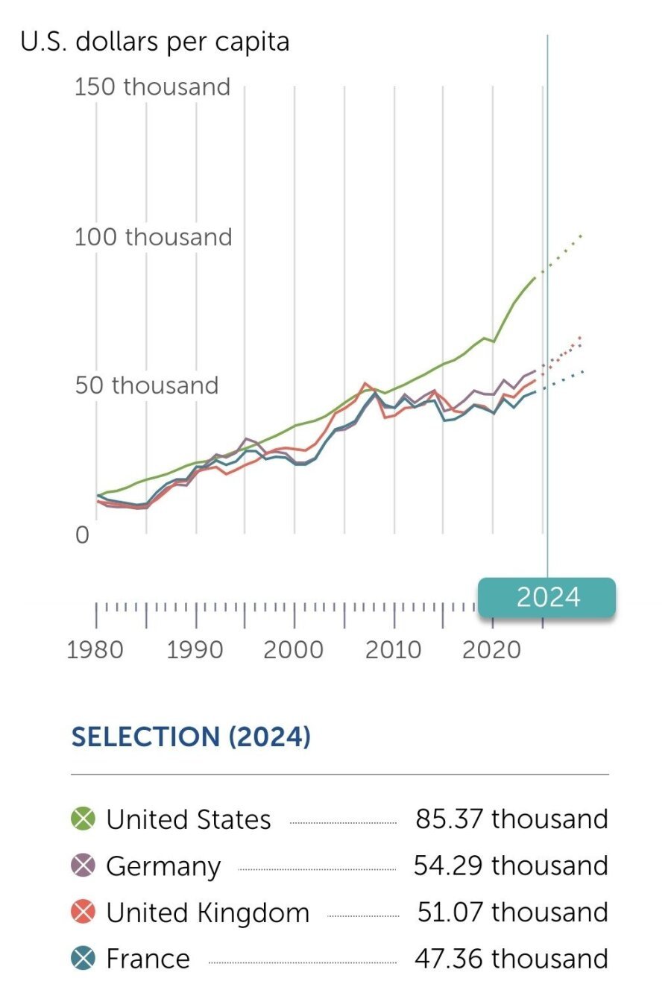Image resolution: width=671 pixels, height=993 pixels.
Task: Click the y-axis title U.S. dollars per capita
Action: pos(155,42)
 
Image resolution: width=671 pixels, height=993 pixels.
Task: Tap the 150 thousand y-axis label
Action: pos(152,86)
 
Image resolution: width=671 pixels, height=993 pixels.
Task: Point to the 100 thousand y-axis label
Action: pos(153,237)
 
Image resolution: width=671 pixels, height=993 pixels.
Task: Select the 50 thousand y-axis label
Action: pos(146,385)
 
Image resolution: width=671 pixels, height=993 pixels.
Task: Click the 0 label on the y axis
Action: pos(82,535)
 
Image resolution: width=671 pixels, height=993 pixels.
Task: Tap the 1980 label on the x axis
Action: pos(95,649)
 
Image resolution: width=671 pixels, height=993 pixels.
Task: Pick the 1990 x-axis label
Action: pos(195,649)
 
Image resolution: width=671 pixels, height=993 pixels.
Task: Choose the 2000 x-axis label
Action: pos(293,649)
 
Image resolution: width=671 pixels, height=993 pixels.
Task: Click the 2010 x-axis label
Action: pos(393,649)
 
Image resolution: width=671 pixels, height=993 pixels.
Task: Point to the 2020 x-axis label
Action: pos(491,649)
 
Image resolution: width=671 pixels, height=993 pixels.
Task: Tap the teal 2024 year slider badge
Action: pos(547,598)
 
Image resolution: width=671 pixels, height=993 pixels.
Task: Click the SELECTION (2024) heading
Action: pos(191,737)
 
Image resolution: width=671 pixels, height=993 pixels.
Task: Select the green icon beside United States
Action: pos(84,819)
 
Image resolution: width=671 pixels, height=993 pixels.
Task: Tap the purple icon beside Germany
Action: pos(84,866)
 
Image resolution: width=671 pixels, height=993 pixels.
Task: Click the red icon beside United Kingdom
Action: pos(84,912)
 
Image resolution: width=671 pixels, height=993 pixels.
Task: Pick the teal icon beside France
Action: pos(84,958)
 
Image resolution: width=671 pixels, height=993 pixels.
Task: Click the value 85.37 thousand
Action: pos(511,819)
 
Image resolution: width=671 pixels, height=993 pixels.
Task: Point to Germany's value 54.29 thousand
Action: pos(511,866)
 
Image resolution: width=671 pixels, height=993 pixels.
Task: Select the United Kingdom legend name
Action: pos(207,912)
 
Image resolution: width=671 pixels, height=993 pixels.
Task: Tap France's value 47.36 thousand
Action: pos(511,958)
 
